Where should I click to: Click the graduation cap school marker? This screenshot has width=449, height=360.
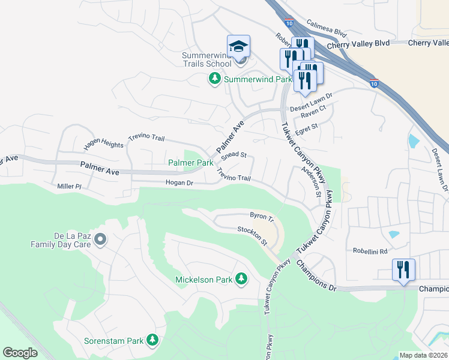click(x=238, y=46)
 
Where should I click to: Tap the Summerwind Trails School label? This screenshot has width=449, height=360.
click(x=206, y=59)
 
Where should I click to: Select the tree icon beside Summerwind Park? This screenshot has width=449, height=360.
click(x=214, y=79)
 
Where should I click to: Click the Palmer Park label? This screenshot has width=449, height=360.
click(x=190, y=163)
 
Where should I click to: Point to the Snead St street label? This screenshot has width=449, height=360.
click(x=234, y=155)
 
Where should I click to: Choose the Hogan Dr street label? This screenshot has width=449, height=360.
click(x=179, y=182)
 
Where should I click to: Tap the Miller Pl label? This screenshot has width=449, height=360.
click(x=69, y=187)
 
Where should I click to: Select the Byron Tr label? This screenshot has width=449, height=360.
click(x=262, y=215)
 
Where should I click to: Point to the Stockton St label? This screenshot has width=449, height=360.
click(x=252, y=235)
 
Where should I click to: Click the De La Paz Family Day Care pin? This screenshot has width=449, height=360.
click(x=100, y=240)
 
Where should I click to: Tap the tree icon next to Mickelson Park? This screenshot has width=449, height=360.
click(x=241, y=279)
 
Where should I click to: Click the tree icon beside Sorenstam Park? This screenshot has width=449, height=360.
click(x=152, y=341)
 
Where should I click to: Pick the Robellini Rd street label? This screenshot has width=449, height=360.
click(x=370, y=251)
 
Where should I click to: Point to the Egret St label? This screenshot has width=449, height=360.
click(x=306, y=127)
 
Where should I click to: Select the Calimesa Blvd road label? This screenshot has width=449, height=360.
click(x=327, y=30)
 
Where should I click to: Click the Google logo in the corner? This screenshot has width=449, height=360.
click(x=20, y=352)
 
